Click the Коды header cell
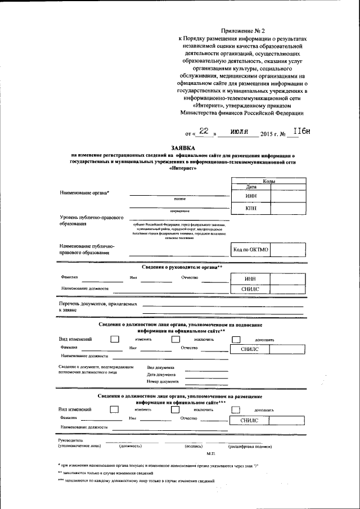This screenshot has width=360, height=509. click(269, 181)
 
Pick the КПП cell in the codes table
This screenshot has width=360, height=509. click(251, 208)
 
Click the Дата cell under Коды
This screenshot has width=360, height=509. click(251, 187)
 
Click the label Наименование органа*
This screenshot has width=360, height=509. click(85, 193)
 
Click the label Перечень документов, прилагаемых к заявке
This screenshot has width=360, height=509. click(98, 306)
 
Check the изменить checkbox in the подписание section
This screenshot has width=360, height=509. click(115, 339)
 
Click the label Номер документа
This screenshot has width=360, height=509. click(163, 381)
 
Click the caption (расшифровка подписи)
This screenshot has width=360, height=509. click(250, 445)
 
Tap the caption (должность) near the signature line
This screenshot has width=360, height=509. click(130, 445)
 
